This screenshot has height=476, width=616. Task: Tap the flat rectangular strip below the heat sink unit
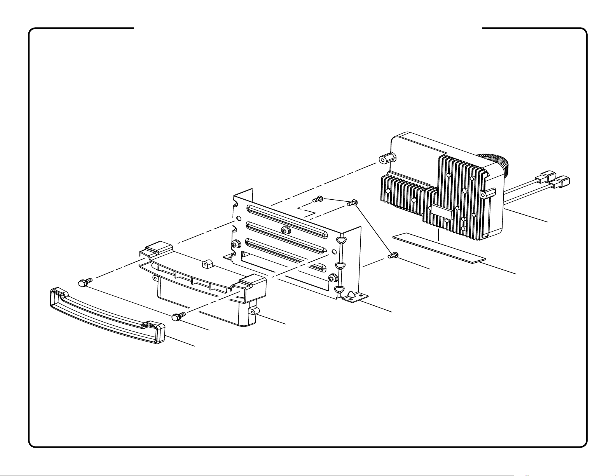[439, 248]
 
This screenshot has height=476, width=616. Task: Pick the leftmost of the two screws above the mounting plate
[318, 200]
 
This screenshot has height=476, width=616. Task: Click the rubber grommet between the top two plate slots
[286, 230]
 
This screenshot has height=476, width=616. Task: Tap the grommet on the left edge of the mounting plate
[235, 244]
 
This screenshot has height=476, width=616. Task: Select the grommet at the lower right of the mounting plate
[333, 278]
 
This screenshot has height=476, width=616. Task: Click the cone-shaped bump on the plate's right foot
[352, 294]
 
